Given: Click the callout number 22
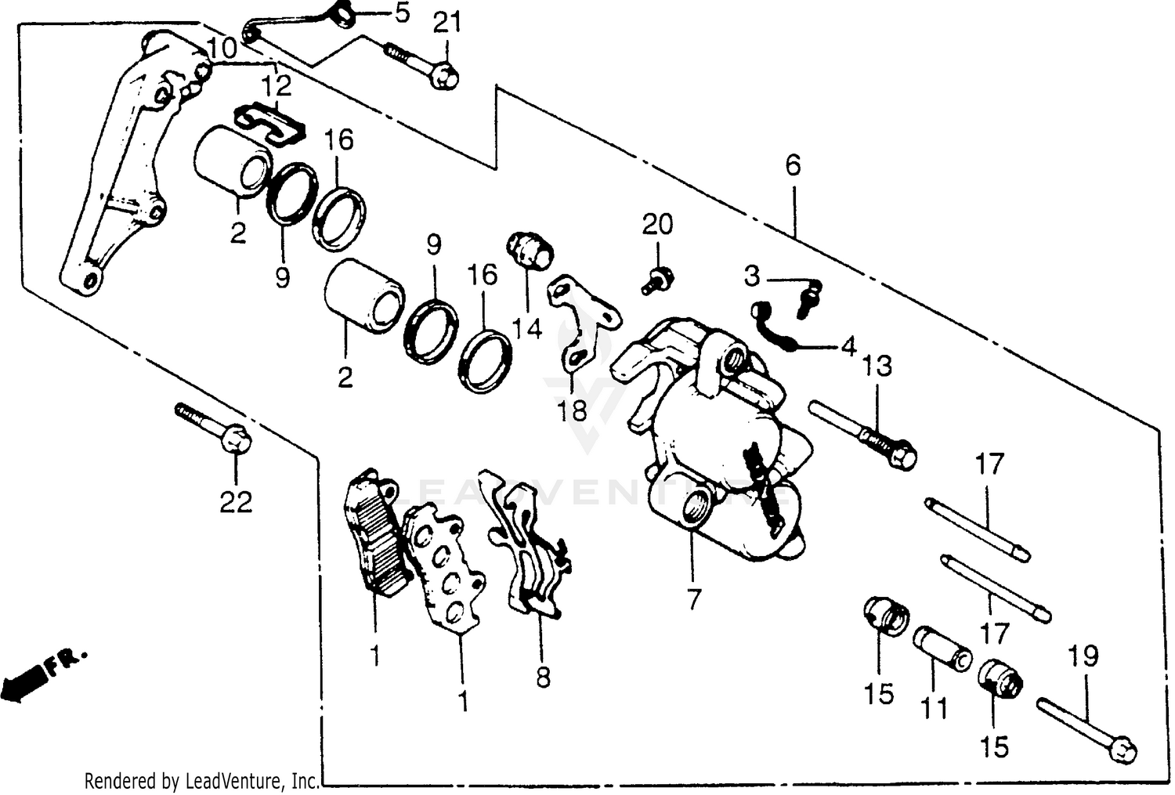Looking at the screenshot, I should click(236, 501).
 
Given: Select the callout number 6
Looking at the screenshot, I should click(793, 165).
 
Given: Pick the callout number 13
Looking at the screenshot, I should click(877, 366).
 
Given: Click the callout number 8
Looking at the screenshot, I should click(543, 677).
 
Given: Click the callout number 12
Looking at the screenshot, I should click(277, 85).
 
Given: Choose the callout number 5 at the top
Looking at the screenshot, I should click(401, 13).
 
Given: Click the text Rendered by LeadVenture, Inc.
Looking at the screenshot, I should click(201, 780).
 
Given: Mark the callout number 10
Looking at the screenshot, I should click(222, 49).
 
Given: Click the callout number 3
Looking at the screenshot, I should click(752, 276).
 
